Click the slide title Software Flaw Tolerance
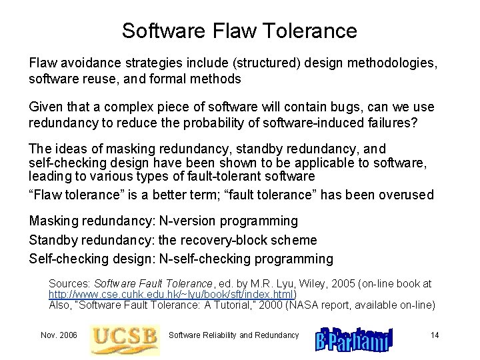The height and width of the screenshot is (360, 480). click(x=239, y=31)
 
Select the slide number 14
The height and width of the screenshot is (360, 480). click(x=435, y=335)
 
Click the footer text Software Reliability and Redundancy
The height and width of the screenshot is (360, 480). click(x=233, y=335)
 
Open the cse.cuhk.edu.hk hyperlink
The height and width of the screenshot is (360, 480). click(x=173, y=294)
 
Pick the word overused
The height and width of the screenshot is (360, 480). click(x=408, y=195)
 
